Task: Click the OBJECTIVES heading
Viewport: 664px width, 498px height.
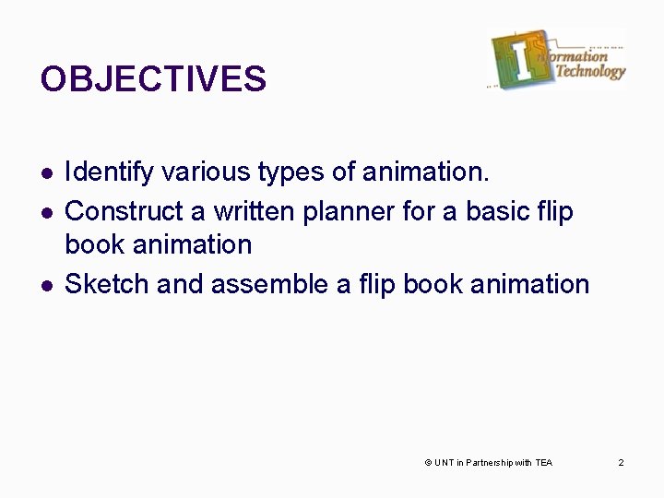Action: (x=153, y=79)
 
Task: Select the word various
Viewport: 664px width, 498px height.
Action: (x=190, y=172)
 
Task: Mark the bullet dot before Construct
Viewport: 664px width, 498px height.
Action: (x=45, y=212)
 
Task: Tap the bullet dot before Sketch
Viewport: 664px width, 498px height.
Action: (x=45, y=284)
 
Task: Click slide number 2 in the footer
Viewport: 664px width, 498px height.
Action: (x=622, y=462)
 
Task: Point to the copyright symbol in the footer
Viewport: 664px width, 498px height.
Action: (x=427, y=462)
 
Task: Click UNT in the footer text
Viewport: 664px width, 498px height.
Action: (x=443, y=462)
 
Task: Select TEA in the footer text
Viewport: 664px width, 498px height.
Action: (x=543, y=462)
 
